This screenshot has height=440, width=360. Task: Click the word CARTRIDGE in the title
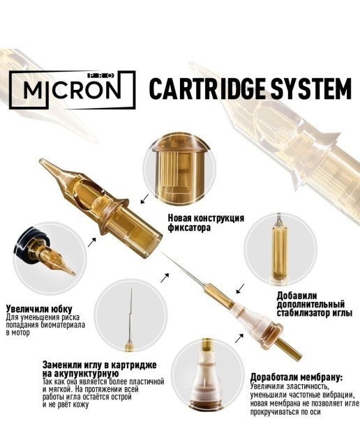coord(207,89)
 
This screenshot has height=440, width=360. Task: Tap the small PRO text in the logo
coord(100,75)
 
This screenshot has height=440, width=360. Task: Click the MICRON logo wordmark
coord(72,89)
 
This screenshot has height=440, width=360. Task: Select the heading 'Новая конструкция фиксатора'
coord(206,222)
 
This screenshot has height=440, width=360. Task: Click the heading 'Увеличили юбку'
coord(39,309)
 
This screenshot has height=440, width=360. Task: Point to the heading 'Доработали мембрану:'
coord(297,377)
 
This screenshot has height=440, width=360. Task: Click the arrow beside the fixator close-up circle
coord(145,199)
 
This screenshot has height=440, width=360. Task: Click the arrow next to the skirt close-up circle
coord(92,242)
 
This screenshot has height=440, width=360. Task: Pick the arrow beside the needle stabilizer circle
coord(240,289)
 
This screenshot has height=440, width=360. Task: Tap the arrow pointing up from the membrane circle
coord(239,338)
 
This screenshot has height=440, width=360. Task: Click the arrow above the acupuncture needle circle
coord(165,278)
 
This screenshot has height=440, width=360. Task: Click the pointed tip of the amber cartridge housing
coord(41,161)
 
